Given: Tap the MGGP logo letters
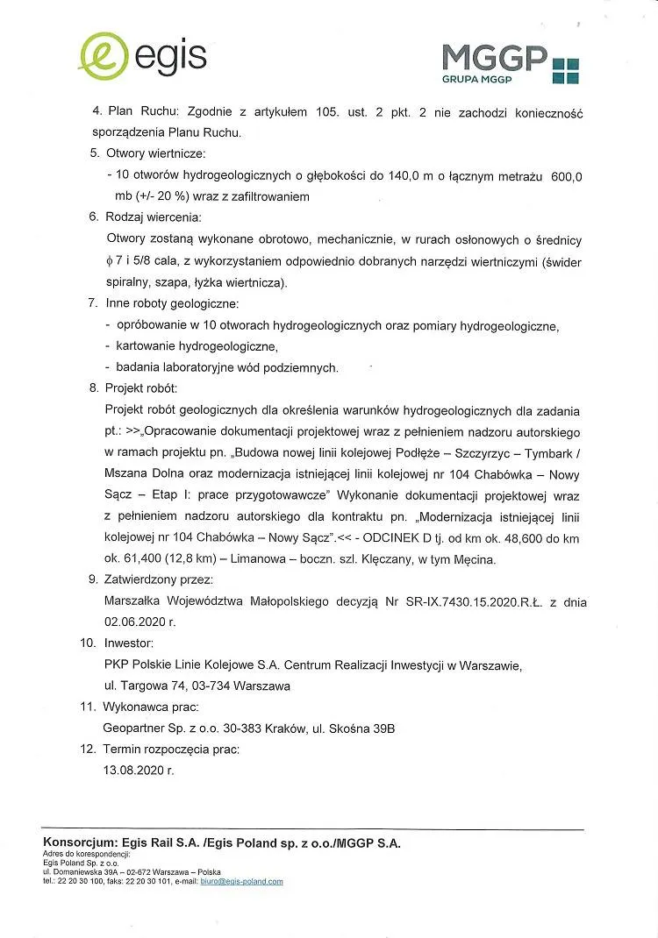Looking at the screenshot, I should [x=495, y=58].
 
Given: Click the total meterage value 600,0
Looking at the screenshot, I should [x=567, y=176].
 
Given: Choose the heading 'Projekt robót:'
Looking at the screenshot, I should [x=141, y=388].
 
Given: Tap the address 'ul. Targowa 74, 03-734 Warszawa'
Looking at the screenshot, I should [x=197, y=686].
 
